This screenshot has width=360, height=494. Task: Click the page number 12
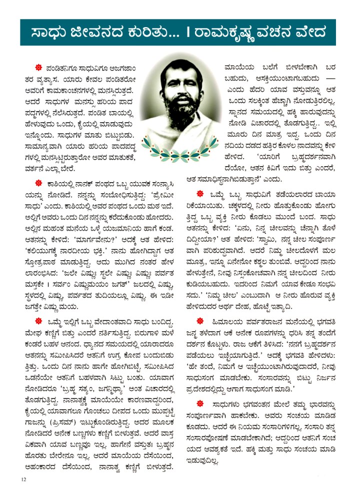(x=23, y=479)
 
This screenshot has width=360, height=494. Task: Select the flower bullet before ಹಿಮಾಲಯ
(x=200, y=320)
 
